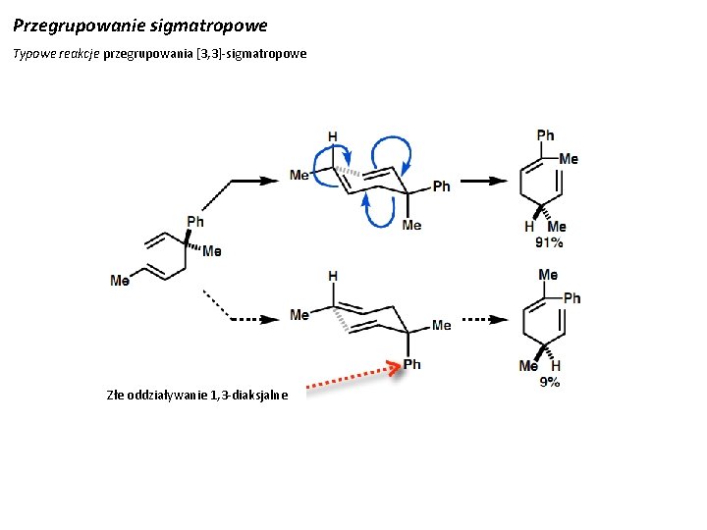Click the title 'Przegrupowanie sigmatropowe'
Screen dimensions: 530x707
[x=139, y=23]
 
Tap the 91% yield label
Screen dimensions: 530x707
[x=549, y=241]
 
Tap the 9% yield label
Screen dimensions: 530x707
[x=550, y=381]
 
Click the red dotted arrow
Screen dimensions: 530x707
[x=352, y=378]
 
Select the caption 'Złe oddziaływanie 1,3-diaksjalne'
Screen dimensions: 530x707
[x=197, y=396]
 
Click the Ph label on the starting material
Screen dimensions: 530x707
[x=195, y=222]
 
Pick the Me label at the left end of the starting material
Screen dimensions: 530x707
[x=120, y=281]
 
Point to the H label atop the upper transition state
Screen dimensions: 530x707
[x=333, y=136]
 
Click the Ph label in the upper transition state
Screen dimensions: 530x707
[x=441, y=185]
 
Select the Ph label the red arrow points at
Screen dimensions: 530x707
[x=412, y=364]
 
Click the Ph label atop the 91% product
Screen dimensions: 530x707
[x=545, y=135]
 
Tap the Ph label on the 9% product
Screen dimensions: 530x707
[x=571, y=297]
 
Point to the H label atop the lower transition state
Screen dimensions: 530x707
[x=333, y=276]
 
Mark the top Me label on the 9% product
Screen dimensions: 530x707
[x=548, y=275]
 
